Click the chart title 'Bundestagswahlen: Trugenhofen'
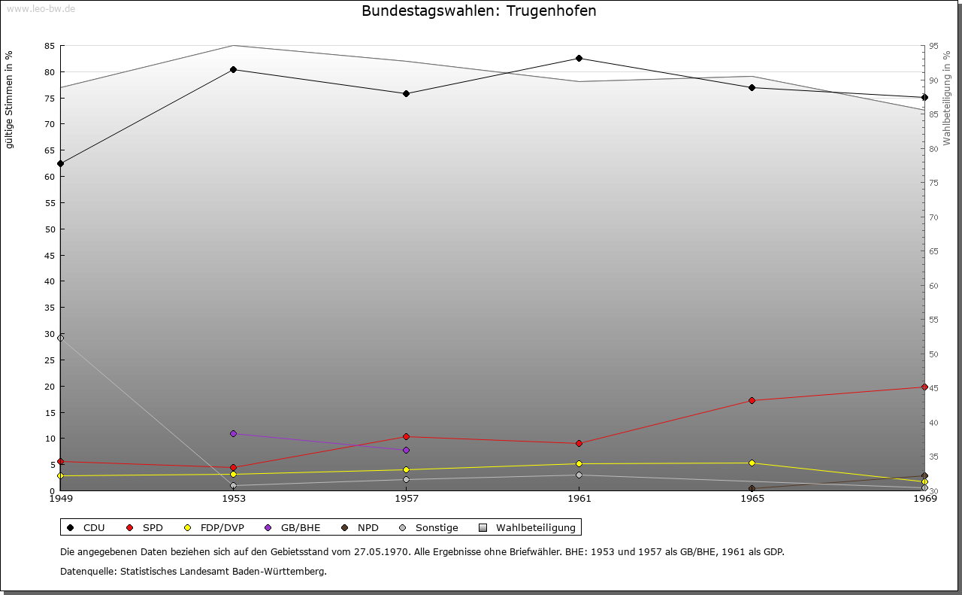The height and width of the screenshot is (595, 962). tap(479, 11)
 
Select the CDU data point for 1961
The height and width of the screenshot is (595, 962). tap(579, 58)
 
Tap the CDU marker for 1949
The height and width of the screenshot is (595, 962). tap(60, 163)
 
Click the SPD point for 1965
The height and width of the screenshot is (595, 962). tap(752, 400)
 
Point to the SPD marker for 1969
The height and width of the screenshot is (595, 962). tap(924, 387)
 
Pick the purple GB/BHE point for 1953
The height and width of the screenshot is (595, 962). tap(233, 433)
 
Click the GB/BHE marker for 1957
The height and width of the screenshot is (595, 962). tap(406, 450)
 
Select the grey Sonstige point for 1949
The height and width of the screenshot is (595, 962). tap(60, 338)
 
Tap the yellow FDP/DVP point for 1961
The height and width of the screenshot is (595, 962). tap(579, 463)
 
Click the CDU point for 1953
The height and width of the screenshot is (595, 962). tap(233, 69)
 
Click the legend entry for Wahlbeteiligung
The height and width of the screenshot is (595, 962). tap(528, 527)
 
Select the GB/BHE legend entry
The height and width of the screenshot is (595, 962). tap(293, 527)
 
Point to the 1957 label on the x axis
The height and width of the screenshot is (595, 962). tap(406, 498)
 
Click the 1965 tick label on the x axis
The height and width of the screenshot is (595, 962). tap(752, 498)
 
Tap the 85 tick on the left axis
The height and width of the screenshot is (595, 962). tap(50, 46)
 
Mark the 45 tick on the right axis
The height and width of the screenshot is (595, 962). tap(933, 388)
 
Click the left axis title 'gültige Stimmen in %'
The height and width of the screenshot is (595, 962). tap(10, 99)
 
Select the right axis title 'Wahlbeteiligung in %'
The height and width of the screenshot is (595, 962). tap(947, 98)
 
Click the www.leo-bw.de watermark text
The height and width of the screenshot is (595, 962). tap(41, 9)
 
